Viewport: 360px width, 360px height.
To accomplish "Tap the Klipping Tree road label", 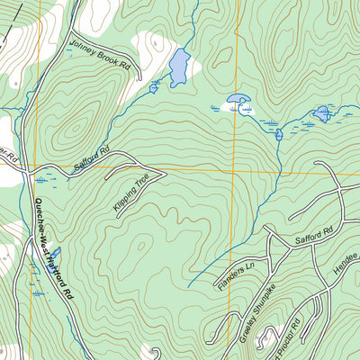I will (130, 190).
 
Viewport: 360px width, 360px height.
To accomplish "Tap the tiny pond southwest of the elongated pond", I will (154, 87).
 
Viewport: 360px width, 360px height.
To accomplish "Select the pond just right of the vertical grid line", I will (239, 101).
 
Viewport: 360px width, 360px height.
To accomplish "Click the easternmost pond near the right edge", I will (322, 113).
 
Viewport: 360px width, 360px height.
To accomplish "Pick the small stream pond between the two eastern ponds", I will (279, 135).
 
